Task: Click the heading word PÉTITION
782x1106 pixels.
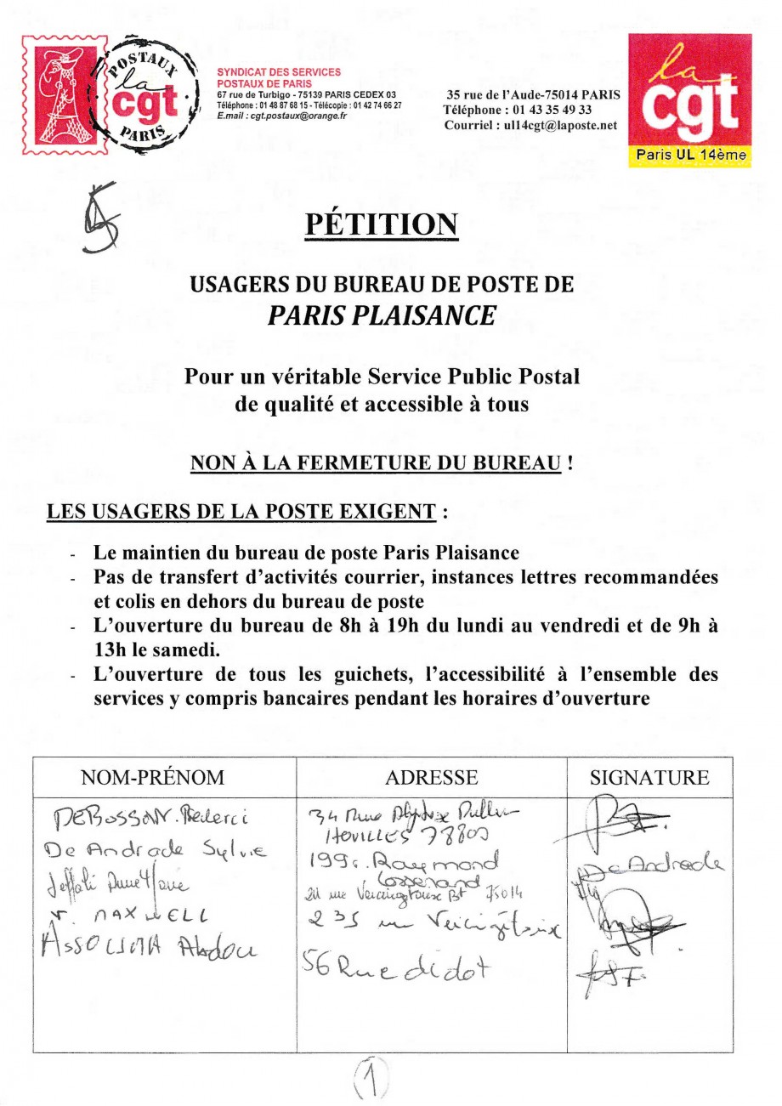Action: click(381, 223)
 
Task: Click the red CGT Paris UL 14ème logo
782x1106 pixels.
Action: click(689, 99)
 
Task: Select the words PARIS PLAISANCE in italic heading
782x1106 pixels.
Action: click(381, 315)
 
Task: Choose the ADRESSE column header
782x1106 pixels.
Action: click(431, 777)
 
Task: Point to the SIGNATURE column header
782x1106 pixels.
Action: click(649, 777)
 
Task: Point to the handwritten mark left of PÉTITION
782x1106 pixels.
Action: click(99, 218)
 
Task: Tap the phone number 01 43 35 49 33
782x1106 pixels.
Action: click(549, 111)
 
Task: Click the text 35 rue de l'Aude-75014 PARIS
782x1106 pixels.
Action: click(533, 95)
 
